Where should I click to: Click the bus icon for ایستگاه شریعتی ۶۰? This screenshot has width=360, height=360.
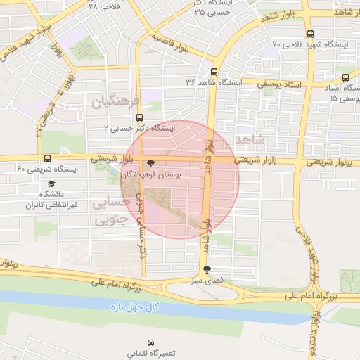(47, 159)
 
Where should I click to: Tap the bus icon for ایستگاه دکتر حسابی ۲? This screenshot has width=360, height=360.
(139, 118)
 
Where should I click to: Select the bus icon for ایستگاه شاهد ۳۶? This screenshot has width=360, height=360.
(214, 72)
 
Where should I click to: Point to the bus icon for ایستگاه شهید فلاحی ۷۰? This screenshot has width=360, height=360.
(310, 34)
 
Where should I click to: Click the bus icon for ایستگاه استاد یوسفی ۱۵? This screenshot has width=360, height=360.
(345, 78)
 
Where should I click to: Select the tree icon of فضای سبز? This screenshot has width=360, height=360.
(206, 269)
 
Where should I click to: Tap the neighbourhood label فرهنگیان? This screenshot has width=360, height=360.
(117, 103)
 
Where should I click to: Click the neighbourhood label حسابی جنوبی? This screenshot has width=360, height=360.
(112, 211)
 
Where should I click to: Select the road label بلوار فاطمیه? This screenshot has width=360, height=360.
(172, 42)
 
